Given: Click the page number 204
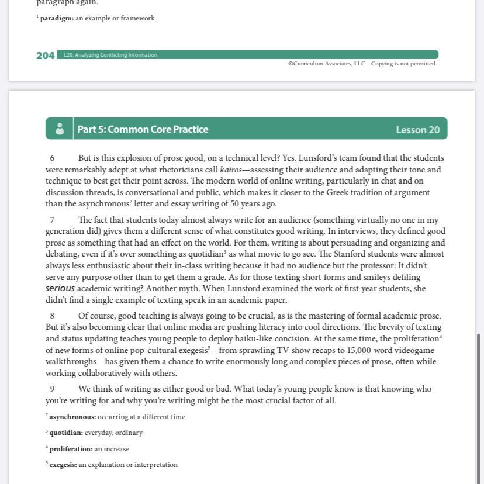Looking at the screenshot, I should point(45,56).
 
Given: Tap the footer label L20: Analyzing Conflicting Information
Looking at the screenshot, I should point(110,55).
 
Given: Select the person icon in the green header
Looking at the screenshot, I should point(60,129).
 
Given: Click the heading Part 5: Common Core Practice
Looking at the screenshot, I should point(143,129).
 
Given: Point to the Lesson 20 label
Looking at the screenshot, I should point(417,130).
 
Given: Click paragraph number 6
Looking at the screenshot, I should point(52,158).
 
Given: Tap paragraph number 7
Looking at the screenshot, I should point(52,220).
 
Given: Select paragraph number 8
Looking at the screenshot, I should point(52,316).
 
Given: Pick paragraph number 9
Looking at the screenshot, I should point(52,389).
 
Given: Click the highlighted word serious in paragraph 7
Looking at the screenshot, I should point(60,289).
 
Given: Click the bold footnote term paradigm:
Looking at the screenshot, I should point(57,18).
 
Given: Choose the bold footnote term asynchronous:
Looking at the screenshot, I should point(72,417).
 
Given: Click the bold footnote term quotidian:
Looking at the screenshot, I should point(66,433).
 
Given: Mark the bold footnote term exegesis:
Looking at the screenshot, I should point(63,465).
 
